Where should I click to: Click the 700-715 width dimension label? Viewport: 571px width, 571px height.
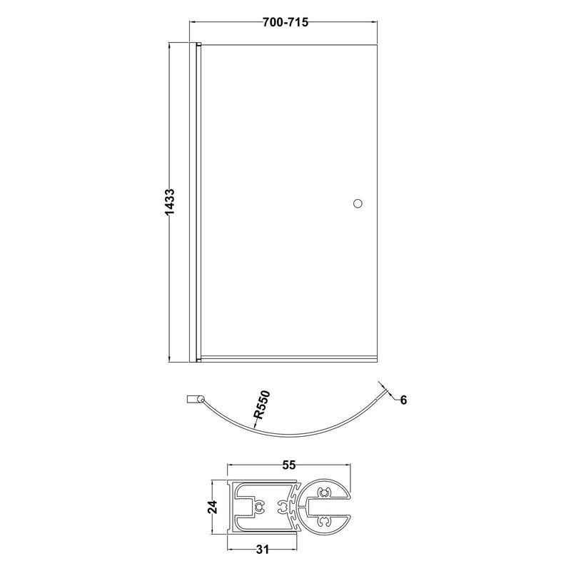point(285,23)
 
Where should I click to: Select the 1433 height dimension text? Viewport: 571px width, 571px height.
point(170,203)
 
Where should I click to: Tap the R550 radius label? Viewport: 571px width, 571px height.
point(262,404)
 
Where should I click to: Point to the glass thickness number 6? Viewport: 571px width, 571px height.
point(403,400)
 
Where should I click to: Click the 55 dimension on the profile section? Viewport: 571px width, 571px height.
point(289,465)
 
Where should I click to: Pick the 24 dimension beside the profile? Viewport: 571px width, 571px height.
point(212,507)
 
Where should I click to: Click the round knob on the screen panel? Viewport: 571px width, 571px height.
point(358,203)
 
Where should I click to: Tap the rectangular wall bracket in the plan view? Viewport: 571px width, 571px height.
point(191,400)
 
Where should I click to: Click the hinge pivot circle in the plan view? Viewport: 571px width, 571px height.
point(200,400)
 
